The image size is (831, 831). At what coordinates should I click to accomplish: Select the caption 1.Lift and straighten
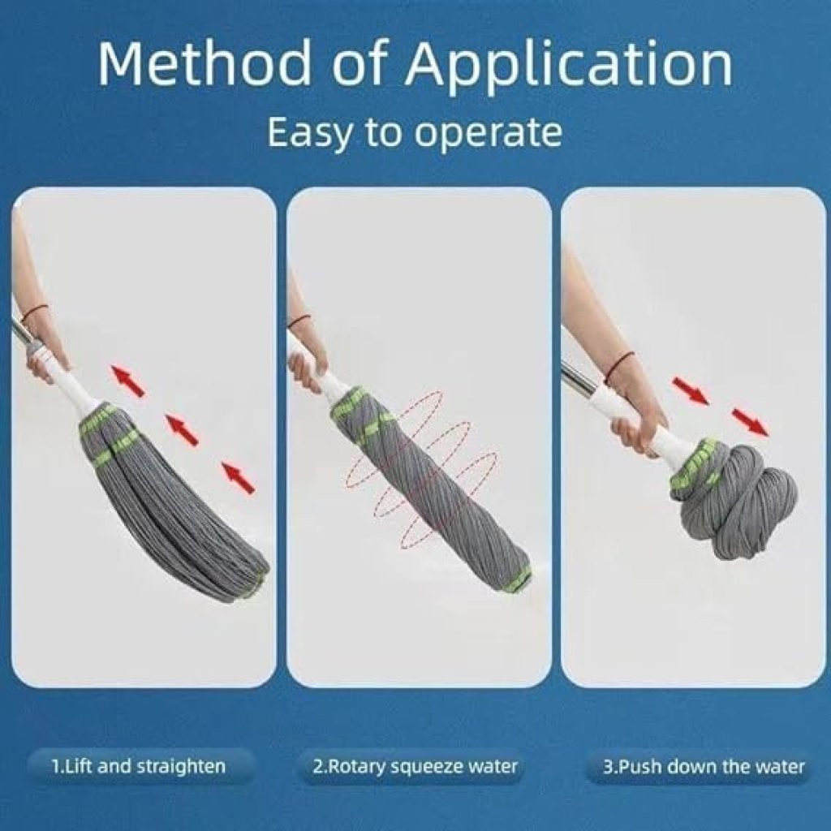[139, 766]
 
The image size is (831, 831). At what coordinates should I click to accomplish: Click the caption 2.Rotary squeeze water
[415, 766]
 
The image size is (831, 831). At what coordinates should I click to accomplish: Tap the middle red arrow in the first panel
[182, 429]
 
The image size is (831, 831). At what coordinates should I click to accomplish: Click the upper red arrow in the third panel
[690, 390]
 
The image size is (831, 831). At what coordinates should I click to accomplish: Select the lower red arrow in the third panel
[750, 422]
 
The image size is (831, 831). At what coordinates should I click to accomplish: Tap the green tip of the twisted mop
[518, 579]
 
